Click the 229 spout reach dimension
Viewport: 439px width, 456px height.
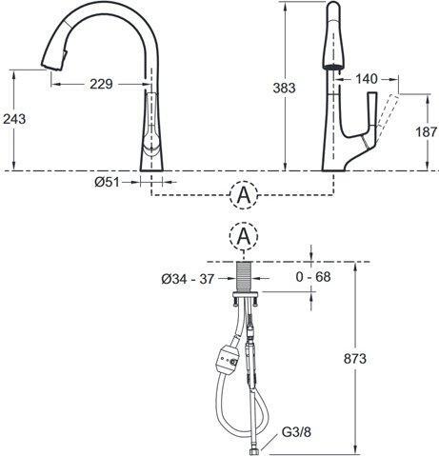click(x=101, y=84)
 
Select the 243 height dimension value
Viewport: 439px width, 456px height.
click(x=14, y=119)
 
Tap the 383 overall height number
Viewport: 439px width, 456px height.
click(x=284, y=88)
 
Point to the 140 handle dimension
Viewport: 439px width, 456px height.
click(x=367, y=79)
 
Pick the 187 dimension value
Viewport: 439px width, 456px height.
click(x=427, y=131)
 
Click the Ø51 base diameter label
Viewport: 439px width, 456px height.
click(x=107, y=182)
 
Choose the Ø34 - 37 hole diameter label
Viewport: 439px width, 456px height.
click(x=188, y=279)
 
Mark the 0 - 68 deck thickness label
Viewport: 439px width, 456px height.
click(x=313, y=277)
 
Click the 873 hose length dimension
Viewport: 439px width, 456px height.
click(x=355, y=359)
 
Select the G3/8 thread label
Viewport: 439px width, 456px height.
click(x=296, y=432)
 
